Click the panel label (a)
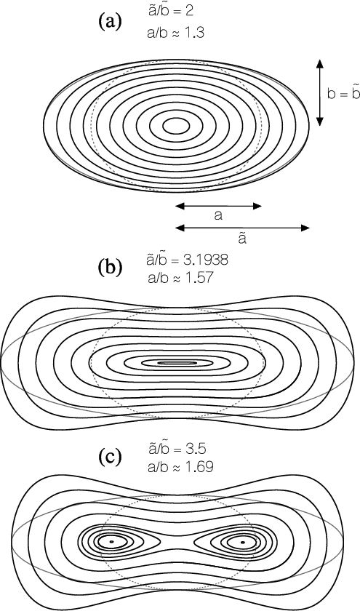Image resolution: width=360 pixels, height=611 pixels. [111, 23]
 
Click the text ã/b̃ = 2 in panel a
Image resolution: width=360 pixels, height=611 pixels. [171, 12]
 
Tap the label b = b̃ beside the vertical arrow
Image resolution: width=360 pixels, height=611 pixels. [343, 94]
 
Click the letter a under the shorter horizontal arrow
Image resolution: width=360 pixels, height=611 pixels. [219, 215]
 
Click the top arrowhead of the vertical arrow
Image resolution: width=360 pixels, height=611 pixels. [319, 64]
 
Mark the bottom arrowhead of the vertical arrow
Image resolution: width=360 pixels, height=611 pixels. [319, 121]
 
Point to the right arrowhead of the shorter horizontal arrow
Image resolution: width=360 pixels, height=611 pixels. [257, 206]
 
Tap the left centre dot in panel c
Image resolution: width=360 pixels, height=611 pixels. [111, 542]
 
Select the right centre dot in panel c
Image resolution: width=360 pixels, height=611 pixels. [243, 542]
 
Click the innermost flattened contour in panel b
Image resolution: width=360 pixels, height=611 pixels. [177, 363]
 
